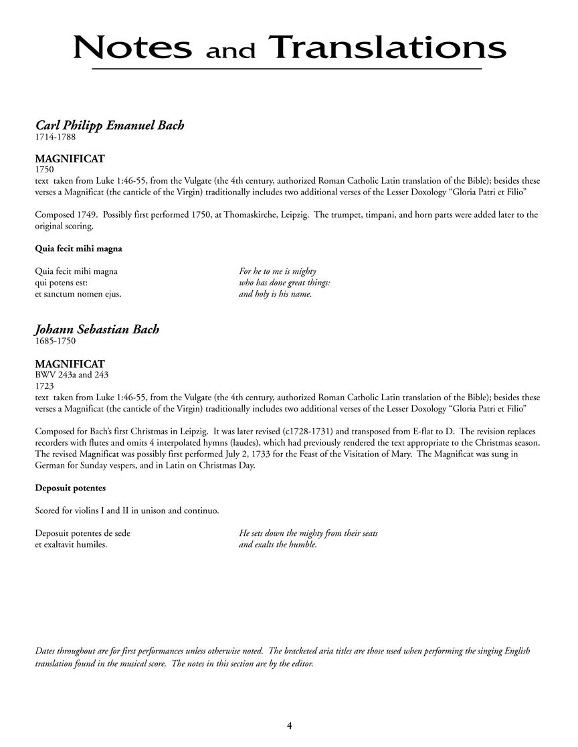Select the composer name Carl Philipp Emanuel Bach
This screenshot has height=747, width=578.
tap(109, 126)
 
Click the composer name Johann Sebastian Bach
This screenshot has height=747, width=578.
tap(97, 329)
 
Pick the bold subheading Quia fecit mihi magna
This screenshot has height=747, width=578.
tap(78, 249)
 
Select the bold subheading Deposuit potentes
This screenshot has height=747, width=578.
tap(70, 488)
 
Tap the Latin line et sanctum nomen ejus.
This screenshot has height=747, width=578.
tap(78, 293)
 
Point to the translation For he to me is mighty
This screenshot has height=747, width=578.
tap(277, 271)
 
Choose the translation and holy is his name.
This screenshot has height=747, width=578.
tap(275, 293)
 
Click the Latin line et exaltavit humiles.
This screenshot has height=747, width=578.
tap(71, 545)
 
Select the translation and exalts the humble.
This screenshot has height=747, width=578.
tap(278, 545)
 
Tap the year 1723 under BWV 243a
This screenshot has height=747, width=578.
tap(45, 386)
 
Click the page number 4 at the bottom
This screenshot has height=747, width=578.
tap(289, 726)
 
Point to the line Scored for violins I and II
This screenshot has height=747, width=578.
tap(126, 511)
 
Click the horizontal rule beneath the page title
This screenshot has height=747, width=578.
tap(287, 69)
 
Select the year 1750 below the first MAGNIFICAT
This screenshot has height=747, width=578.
tap(45, 170)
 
